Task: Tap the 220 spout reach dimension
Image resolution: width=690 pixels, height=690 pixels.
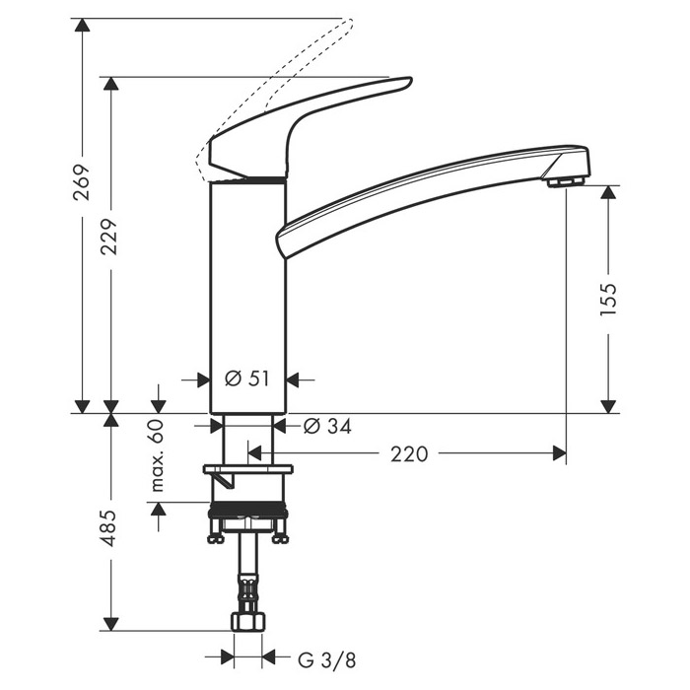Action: coord(409,453)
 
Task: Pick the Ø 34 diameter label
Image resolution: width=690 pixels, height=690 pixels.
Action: coord(326,425)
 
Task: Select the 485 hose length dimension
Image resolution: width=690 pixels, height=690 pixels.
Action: coord(110,527)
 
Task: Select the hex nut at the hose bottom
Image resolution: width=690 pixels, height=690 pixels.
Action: coord(248,624)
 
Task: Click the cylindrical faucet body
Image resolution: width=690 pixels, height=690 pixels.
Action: coord(248,296)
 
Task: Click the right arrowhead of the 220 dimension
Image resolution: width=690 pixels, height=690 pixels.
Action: coord(560,453)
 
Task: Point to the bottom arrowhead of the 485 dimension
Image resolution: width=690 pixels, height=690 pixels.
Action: coord(110,624)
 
